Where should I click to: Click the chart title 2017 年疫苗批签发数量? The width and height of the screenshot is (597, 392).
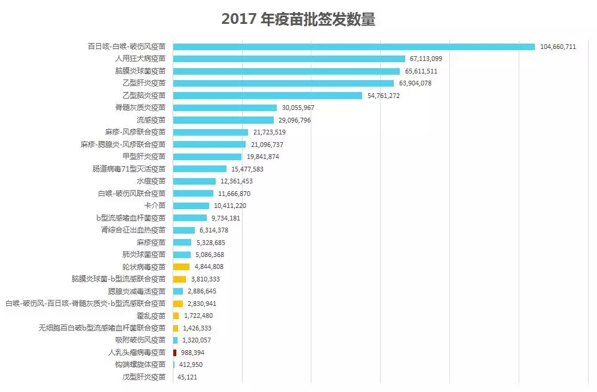pyautogui.click(x=298, y=19)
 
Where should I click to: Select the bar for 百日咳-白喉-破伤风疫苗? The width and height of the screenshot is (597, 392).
pyautogui.click(x=354, y=46)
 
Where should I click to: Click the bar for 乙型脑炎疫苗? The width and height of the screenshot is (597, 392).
pyautogui.click(x=268, y=96)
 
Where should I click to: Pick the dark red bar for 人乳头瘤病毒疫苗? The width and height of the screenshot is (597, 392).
pyautogui.click(x=174, y=353)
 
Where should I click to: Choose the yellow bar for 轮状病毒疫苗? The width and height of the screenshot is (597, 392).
pyautogui.click(x=181, y=267)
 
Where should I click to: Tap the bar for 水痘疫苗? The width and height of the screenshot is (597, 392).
pyautogui.click(x=194, y=181)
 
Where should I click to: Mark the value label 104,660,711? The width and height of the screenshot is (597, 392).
pyautogui.click(x=558, y=47)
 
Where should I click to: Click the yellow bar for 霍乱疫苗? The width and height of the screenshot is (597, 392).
pyautogui.click(x=176, y=316)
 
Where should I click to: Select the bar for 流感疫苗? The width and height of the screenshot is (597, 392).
pyautogui.click(x=223, y=120)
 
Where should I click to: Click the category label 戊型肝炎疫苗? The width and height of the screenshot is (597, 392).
pyautogui.click(x=144, y=377)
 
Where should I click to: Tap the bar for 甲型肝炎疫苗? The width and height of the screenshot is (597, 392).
pyautogui.click(x=207, y=157)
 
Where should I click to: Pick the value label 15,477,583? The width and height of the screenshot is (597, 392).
pyautogui.click(x=247, y=169)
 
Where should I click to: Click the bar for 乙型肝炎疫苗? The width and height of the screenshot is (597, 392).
pyautogui.click(x=283, y=83)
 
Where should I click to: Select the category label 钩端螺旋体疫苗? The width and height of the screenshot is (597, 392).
pyautogui.click(x=140, y=365)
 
